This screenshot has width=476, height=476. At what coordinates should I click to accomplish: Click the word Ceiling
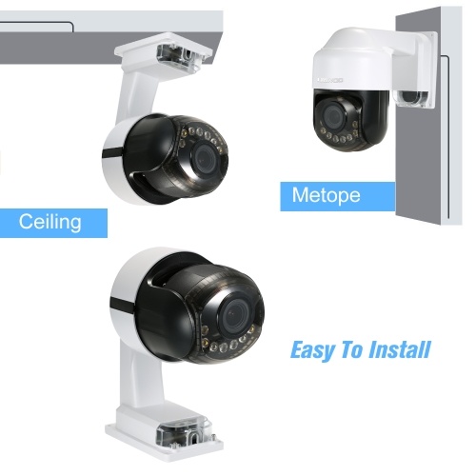tap(50, 222)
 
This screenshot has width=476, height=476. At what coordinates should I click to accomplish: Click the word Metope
tap(327, 195)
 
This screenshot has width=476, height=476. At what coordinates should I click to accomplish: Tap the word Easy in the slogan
tap(312, 350)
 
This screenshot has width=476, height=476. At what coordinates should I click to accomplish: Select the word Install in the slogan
tap(400, 349)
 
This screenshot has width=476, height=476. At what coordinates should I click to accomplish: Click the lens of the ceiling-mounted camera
tap(206, 158)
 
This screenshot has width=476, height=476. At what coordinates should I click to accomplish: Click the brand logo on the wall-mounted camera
tap(330, 80)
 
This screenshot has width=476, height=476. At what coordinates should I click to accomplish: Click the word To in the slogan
tap(352, 349)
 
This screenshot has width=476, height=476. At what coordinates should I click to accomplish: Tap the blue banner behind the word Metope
tap(338, 196)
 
